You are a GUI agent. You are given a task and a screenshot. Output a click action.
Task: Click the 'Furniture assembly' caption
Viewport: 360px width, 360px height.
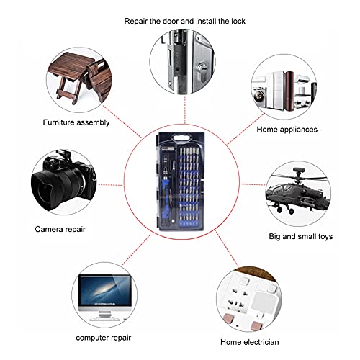point(76,122)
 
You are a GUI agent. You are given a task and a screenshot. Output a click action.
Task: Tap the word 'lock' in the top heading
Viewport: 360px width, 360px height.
point(238,21)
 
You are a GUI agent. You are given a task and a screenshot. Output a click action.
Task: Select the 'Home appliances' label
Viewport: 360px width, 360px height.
point(287,130)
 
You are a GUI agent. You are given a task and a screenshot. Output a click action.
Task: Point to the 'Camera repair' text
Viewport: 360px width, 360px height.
point(60,229)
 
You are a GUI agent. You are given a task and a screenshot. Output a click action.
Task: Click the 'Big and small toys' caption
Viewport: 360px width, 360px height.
point(301,236)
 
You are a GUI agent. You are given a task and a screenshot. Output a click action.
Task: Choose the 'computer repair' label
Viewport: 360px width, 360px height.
point(104,338)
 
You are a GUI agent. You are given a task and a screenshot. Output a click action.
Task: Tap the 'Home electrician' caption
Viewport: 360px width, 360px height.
point(250,342)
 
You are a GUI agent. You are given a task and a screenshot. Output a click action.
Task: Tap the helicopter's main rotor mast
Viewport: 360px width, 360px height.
point(299,177)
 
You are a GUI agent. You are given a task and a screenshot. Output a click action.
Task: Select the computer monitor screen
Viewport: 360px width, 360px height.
point(105,290)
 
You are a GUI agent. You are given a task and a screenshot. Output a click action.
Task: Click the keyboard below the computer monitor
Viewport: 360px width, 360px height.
point(104,320)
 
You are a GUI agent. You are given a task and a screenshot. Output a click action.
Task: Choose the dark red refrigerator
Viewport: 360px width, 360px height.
point(289,91)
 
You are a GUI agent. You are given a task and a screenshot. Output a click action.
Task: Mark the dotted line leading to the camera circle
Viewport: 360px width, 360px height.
point(110,185)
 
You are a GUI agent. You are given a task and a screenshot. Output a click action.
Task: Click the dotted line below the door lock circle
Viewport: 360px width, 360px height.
point(185,110)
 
